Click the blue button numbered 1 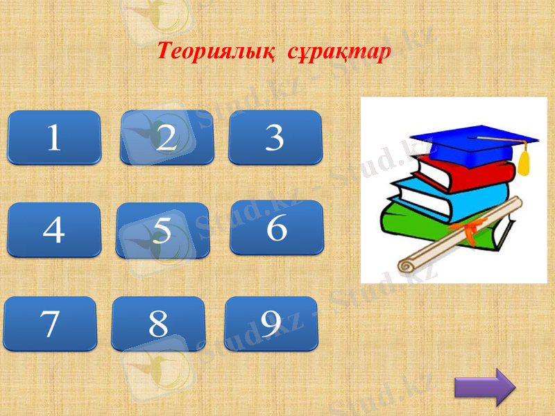point(54,137)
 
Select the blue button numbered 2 point(167,137)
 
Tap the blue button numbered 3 point(275,137)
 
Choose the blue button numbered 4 point(54,229)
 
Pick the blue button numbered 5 point(162,230)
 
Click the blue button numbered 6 point(277,227)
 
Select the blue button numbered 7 point(50,324)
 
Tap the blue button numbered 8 point(158,324)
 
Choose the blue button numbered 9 point(271,323)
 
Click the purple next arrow point(485,388)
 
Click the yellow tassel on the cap point(524,162)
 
